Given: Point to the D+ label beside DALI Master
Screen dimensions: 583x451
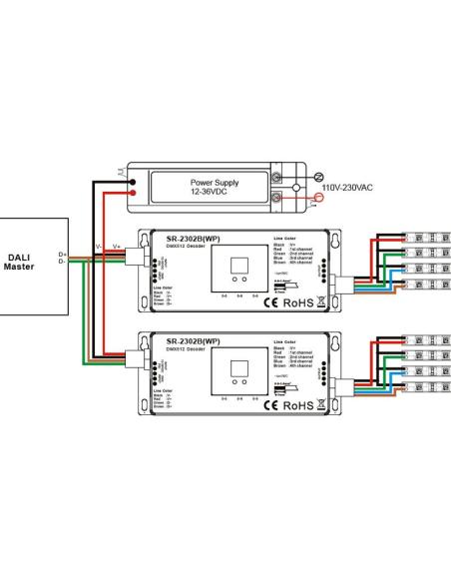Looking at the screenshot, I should pyautogui.click(x=62, y=256).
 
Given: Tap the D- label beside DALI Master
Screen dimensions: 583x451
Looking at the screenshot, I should pyautogui.click(x=62, y=263).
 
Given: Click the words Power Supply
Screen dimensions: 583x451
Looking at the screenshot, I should pyautogui.click(x=215, y=183).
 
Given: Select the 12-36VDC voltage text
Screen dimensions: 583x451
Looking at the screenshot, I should pyautogui.click(x=215, y=194).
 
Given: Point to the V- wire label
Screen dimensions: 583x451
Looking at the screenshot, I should pyautogui.click(x=98, y=246).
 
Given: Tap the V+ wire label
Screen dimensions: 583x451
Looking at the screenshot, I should pyautogui.click(x=116, y=246).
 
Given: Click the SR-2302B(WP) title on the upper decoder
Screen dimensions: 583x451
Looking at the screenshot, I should pyautogui.click(x=192, y=239).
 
